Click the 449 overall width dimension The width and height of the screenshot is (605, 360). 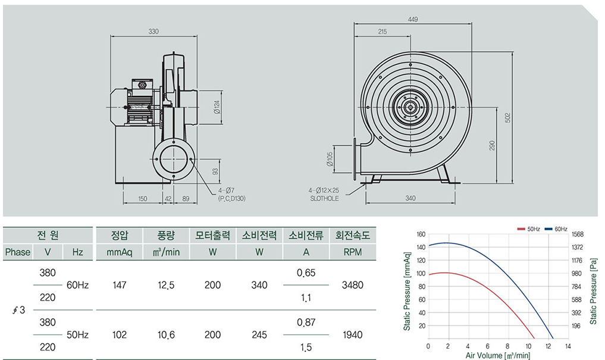tap(413, 19)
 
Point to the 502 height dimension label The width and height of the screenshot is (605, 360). tap(508, 118)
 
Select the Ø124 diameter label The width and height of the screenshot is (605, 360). tap(217, 107)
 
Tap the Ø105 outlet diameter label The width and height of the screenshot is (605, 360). tap(330, 159)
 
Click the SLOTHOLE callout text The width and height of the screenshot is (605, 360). tap(324, 198)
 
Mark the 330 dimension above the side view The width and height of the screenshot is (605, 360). tap(153, 32)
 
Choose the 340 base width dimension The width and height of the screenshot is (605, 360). tap(410, 198)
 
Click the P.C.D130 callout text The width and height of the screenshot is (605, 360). tap(231, 198)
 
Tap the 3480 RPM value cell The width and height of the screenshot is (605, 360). tap(353, 285)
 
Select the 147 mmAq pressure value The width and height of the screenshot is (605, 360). tap(120, 285)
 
